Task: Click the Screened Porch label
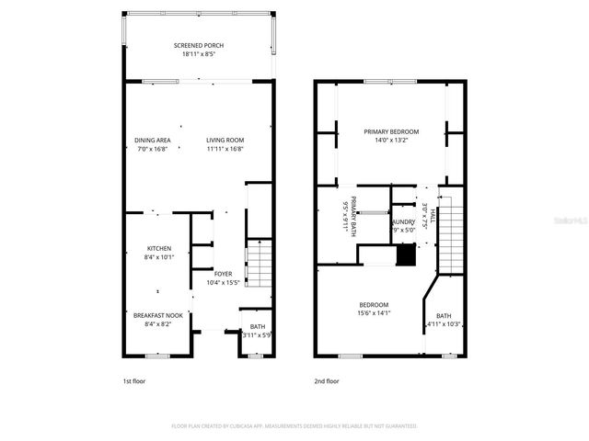[199, 45]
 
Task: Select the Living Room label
[225, 140]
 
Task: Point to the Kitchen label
[159, 249]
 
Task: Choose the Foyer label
[224, 274]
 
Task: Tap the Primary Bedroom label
[391, 131]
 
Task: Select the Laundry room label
[403, 222]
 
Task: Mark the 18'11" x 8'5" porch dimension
[199, 54]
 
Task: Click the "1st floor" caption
[134, 380]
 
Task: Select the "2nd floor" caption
[327, 380]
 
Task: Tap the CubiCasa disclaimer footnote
[294, 426]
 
